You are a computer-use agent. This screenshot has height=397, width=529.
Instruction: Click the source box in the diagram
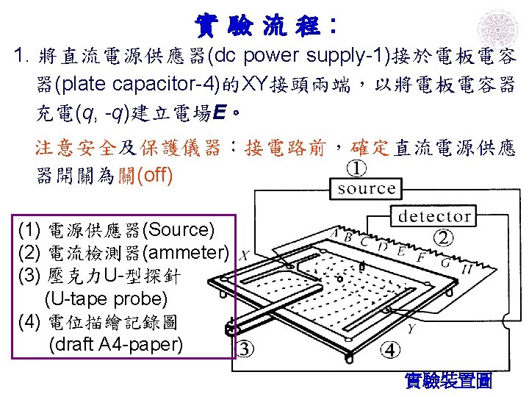tap(367, 189)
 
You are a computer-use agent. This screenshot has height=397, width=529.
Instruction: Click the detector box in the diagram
tap(434, 217)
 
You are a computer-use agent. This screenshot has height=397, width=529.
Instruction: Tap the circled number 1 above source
tap(356, 169)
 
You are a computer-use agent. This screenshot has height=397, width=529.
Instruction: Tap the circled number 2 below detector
tap(444, 237)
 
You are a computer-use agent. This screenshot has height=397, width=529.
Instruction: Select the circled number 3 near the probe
tap(245, 348)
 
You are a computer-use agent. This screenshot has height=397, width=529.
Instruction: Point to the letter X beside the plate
tap(245, 256)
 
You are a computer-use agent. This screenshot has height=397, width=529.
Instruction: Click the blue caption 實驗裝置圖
tap(448, 381)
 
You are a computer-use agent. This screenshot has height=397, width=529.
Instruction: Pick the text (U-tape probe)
tap(106, 299)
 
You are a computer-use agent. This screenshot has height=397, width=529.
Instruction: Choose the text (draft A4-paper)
tap(115, 345)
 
